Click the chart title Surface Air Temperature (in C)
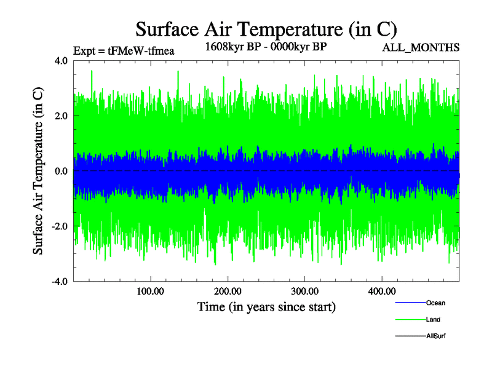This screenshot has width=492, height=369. point(266,29)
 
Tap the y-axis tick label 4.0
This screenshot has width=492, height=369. point(61,61)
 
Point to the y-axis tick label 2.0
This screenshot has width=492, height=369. point(61,116)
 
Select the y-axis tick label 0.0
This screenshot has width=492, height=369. point(61,171)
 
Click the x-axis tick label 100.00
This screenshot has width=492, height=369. point(151,291)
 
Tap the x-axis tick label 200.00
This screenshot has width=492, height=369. point(228,291)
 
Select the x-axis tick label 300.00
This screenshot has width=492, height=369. point(304,291)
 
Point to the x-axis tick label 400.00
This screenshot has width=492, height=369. point(381,291)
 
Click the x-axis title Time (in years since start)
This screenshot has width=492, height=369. point(266,306)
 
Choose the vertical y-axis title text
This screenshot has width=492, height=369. point(38,171)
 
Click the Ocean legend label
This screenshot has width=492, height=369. point(435,303)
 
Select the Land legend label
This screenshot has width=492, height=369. point(433,319)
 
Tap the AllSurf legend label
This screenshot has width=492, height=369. point(435,336)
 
